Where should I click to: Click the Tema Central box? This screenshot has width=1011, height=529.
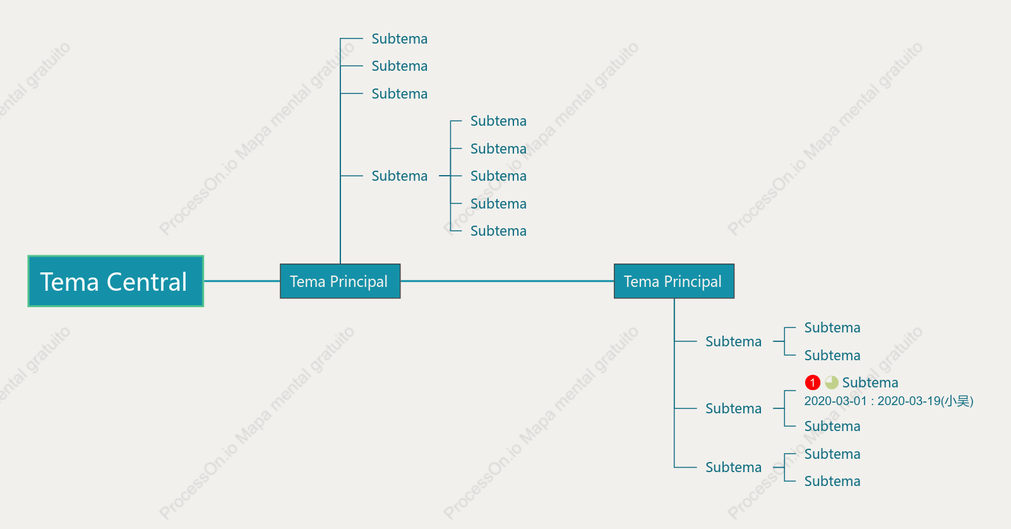point(116,281)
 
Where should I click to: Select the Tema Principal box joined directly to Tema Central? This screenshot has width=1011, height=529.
point(340,281)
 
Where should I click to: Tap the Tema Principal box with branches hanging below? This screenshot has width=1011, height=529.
point(674,281)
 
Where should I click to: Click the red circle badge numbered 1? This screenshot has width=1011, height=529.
point(813,382)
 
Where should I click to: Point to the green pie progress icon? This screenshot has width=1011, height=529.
point(832,382)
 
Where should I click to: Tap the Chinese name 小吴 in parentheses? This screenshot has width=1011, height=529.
point(957,401)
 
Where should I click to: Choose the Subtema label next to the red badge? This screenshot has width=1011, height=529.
point(870,382)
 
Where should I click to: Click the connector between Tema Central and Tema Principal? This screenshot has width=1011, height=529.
point(242,281)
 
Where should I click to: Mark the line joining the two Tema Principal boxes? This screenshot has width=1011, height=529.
point(507,281)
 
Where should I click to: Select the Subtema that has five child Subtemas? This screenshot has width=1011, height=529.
point(400,176)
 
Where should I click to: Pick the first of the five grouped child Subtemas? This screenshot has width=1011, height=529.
point(498,121)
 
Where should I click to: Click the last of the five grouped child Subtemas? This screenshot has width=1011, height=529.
point(498,231)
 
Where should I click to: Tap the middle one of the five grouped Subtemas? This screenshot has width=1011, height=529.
point(498,176)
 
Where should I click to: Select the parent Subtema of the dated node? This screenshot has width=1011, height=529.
point(733,408)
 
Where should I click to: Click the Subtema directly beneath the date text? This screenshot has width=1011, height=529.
point(832,426)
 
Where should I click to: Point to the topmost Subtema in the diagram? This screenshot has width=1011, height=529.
point(400,39)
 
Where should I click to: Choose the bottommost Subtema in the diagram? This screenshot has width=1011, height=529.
point(832,481)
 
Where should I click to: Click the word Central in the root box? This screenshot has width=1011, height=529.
point(147,282)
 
